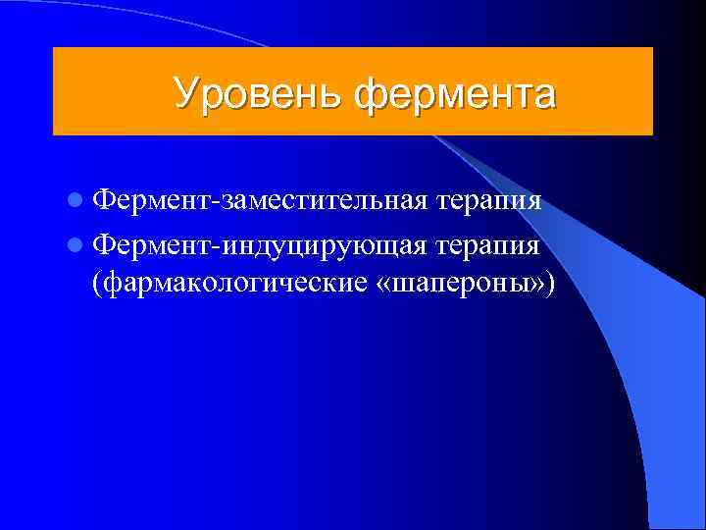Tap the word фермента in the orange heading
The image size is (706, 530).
click(x=455, y=94)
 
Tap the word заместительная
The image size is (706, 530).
click(x=325, y=201)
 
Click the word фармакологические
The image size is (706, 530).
click(x=233, y=283)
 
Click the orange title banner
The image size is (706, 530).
click(x=353, y=91)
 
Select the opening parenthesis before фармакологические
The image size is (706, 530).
click(x=96, y=283)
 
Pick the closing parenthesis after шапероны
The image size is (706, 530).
click(x=550, y=283)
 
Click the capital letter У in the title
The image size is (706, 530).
click(x=186, y=93)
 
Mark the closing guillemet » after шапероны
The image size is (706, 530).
click(x=537, y=284)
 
